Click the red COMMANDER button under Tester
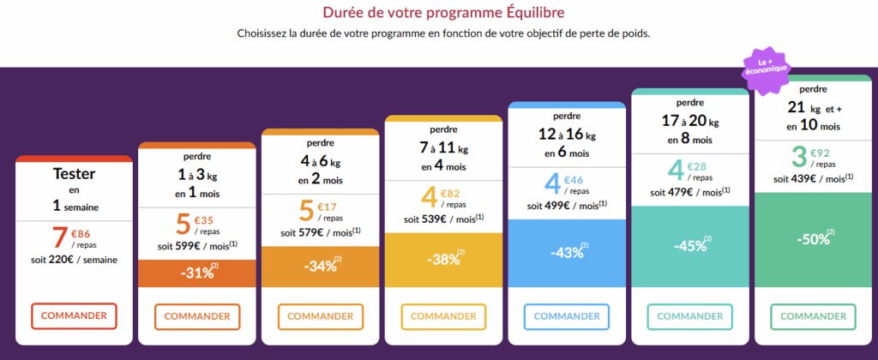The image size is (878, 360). (74, 315)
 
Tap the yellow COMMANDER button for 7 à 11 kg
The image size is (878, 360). (443, 316)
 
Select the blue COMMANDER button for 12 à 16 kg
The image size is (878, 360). (567, 316)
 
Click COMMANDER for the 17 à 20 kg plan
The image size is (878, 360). (689, 316)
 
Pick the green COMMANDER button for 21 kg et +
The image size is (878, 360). (813, 316)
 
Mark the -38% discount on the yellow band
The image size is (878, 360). (442, 260)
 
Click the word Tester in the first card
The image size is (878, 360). (74, 173)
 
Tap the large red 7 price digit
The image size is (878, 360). (59, 238)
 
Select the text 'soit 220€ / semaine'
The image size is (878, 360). (74, 260)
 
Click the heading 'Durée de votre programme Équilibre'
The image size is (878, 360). (443, 13)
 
